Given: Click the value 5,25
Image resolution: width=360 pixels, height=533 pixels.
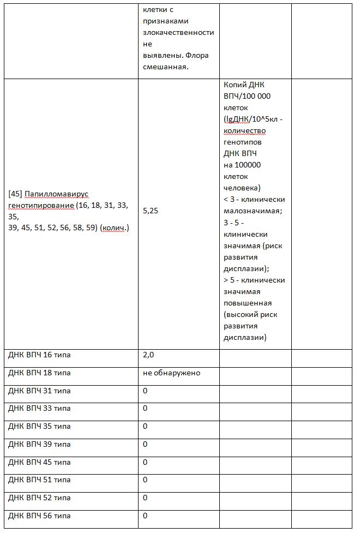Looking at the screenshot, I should point(151,211).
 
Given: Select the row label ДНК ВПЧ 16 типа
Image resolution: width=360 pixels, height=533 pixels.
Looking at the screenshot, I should point(39,355).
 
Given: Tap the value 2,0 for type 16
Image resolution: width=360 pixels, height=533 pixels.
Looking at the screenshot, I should point(148,355).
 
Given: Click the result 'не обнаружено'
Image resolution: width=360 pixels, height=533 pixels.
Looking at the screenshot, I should point(171,373).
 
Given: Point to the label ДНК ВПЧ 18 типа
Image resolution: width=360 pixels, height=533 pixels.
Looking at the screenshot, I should point(39,373).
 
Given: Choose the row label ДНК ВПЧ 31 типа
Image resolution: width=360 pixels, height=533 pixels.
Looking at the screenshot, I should point(39,391).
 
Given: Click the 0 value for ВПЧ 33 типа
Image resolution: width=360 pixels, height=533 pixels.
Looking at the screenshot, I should point(145,409).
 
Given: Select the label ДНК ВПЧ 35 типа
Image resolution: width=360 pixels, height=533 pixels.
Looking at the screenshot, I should point(39,427).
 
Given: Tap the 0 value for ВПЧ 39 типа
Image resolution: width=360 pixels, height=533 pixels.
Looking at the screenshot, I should point(145,445).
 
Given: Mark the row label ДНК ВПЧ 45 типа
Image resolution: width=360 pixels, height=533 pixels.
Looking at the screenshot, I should point(39,463).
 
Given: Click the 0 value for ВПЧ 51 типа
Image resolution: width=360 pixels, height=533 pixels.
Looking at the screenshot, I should point(145,480).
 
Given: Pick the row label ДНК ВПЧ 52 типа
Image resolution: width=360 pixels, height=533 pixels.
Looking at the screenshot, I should point(39,498).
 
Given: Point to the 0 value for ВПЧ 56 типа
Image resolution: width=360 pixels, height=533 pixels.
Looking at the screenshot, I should point(145,516).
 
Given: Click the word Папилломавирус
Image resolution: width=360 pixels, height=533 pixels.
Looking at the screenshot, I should point(56,194).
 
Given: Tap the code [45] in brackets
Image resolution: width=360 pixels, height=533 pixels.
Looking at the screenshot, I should point(15,194).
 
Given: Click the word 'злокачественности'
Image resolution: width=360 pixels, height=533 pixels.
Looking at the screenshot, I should point(178,33).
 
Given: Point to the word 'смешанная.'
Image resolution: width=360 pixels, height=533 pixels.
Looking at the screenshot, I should point(164,67).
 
